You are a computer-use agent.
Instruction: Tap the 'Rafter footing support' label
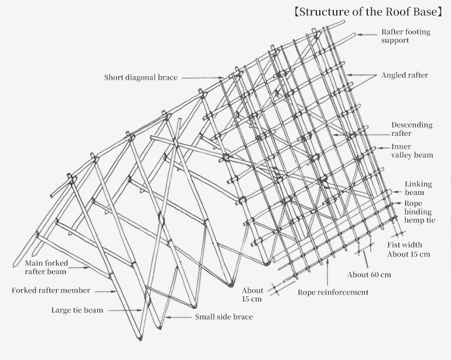coord(405,36)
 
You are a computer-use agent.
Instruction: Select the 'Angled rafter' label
coord(404,76)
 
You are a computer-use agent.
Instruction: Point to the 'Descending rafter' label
coord(411,129)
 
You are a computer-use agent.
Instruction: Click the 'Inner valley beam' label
coord(412,151)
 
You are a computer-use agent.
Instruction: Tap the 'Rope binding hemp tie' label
coord(419,212)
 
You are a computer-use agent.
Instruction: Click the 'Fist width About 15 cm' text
coord(408,249)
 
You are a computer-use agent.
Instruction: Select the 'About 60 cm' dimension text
coord(369,275)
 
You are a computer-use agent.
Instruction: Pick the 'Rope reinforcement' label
coord(333,292)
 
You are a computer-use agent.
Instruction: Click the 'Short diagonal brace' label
coord(141,77)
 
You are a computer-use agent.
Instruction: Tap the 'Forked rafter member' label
coord(51,290)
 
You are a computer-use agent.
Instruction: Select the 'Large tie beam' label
coord(77,310)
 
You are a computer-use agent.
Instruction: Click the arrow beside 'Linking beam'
coord(396,191)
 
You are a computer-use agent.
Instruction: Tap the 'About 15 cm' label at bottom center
coord(252,294)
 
